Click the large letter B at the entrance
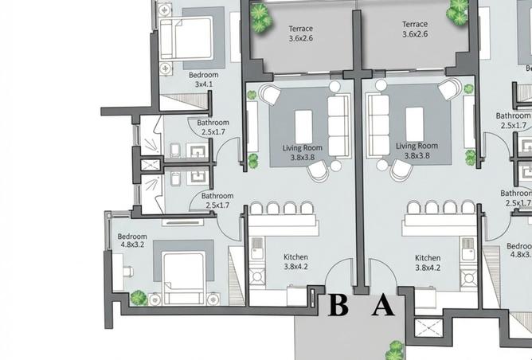pos(338,305)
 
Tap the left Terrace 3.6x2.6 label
pos(300,33)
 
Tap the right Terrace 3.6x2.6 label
pos(415,29)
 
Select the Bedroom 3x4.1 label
pos(204,80)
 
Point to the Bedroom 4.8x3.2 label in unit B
pos(132,241)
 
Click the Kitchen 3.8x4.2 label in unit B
pos(295,261)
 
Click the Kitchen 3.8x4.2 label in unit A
pos(428,263)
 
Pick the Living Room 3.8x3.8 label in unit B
pos(303,152)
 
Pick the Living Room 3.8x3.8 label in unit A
pos(417,151)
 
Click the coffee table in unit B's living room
pos(303,127)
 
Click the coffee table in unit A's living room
pos(415,124)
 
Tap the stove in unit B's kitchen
pos(257,276)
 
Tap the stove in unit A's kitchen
pos(469,278)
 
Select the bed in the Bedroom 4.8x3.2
pos(184,277)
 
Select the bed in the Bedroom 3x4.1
pos(186,39)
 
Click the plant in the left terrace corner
pos(260,17)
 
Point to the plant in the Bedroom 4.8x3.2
pos(139,298)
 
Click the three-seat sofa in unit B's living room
pos(339,127)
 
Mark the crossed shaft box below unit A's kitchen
pos(428,327)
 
